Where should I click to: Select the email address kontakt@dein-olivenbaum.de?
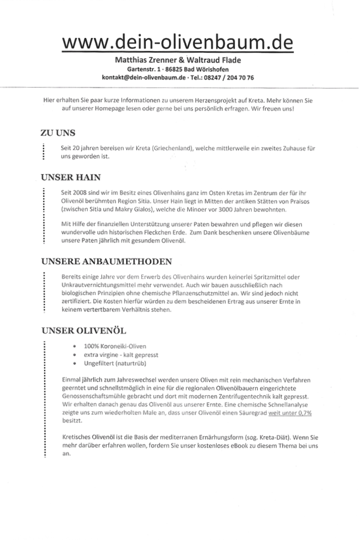(144, 77)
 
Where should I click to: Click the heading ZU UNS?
(58, 133)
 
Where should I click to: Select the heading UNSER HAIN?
(71, 177)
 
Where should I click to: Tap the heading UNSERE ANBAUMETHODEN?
(106, 261)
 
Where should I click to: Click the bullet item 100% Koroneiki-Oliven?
(115, 346)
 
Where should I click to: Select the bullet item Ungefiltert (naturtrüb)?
(115, 363)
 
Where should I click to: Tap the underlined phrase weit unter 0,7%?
(290, 413)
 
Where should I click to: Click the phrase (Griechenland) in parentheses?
(171, 148)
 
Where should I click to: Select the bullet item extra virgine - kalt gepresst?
(121, 355)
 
